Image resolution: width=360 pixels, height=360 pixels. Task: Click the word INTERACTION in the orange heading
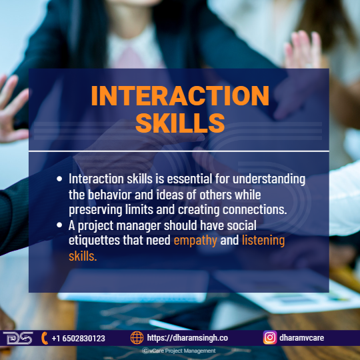(x=180, y=95)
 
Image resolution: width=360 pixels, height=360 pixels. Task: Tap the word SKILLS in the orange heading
(x=180, y=123)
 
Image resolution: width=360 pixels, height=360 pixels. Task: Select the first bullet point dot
(x=59, y=179)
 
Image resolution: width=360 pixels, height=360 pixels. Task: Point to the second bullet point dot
(x=59, y=225)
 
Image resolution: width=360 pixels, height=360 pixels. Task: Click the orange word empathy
(x=195, y=241)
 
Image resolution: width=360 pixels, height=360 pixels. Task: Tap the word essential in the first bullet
(x=189, y=179)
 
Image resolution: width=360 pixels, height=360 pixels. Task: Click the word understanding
(x=269, y=179)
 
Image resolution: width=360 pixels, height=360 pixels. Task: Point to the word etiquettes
(x=94, y=240)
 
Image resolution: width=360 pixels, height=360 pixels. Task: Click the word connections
(x=255, y=209)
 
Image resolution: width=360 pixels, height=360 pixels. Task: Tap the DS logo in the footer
(x=18, y=338)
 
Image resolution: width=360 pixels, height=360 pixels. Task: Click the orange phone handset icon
(x=45, y=338)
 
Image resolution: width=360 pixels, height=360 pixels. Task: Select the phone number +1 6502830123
(x=78, y=339)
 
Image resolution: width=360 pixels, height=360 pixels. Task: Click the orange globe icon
(x=137, y=338)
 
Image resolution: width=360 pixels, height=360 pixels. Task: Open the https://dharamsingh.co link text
(x=187, y=338)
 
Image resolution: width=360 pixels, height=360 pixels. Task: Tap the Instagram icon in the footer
(x=270, y=338)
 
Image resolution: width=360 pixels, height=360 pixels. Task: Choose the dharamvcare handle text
(x=301, y=338)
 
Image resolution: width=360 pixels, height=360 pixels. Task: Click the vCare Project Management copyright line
(x=179, y=351)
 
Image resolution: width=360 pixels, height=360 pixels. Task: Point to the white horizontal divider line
(x=179, y=151)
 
